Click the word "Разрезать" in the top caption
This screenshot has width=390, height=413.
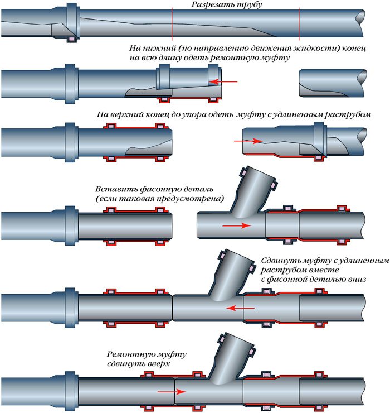211,5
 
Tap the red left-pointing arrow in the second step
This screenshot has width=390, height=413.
223,81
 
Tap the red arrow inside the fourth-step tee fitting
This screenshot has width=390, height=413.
233,226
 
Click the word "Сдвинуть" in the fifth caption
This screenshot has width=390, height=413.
280,261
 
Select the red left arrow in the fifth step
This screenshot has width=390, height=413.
237,307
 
